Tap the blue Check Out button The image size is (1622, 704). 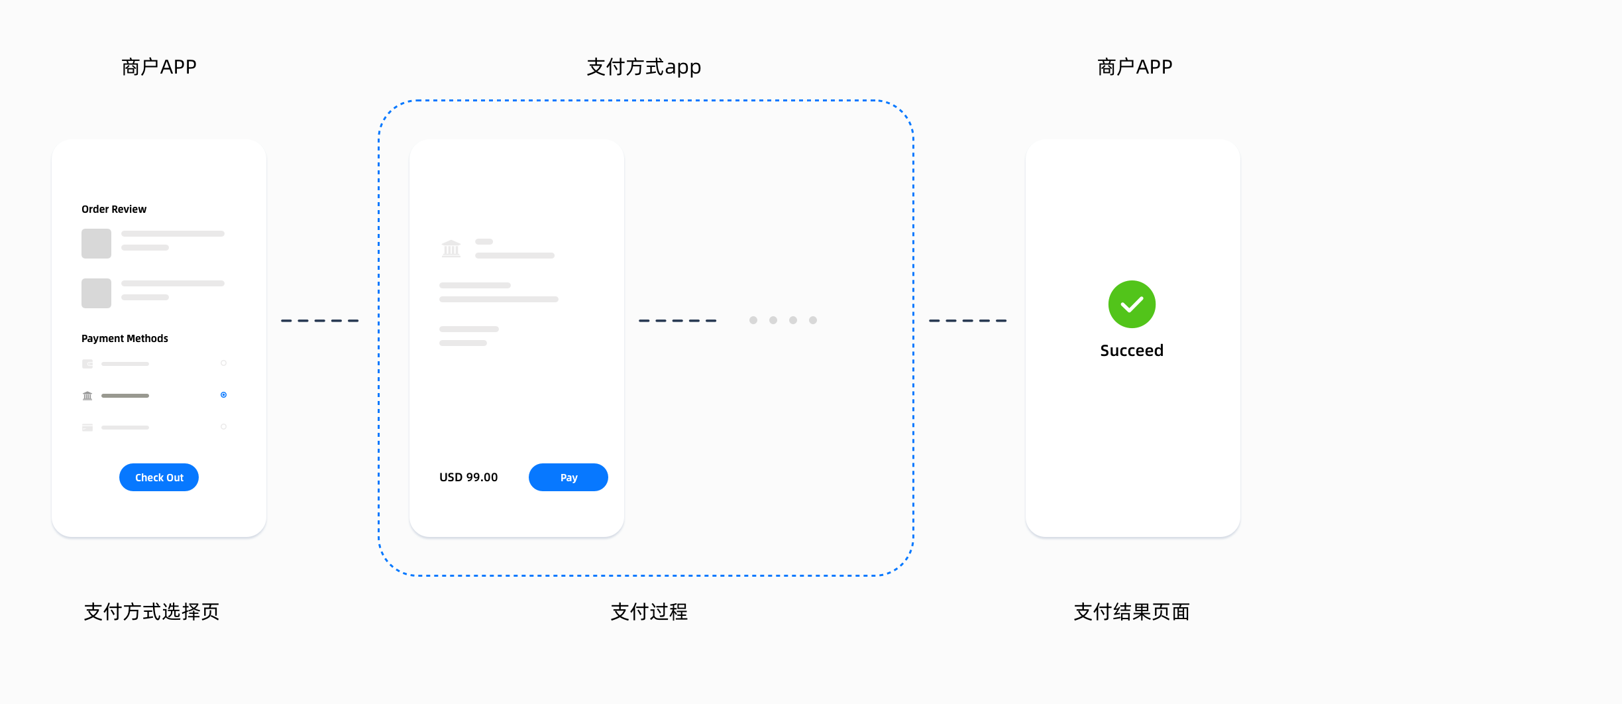pos(159,477)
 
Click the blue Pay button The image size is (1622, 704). pos(568,477)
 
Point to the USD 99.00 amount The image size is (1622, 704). pos(468,477)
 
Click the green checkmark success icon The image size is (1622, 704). pos(1132,304)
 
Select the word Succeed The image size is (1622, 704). pos(1132,351)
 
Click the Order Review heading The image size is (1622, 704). pos(114,209)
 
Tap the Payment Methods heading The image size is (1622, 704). pos(125,339)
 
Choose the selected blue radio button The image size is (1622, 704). pos(224,395)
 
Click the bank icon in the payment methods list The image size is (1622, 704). pos(87,396)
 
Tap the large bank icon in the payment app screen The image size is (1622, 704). pos(451,249)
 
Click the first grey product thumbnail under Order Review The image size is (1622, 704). pos(96,243)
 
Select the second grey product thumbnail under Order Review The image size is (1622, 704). pos(96,293)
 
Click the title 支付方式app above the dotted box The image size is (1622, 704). pos(643,68)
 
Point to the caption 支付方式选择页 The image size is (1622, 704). pos(152,612)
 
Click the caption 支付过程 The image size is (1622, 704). pos(649,612)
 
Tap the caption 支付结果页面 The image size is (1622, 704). pos(1132,612)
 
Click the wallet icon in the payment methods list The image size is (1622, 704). pos(87,364)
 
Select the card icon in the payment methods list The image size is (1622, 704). pos(87,428)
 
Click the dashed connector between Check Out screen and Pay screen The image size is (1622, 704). pos(320,321)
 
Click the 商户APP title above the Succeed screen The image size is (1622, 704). pos(1134,68)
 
